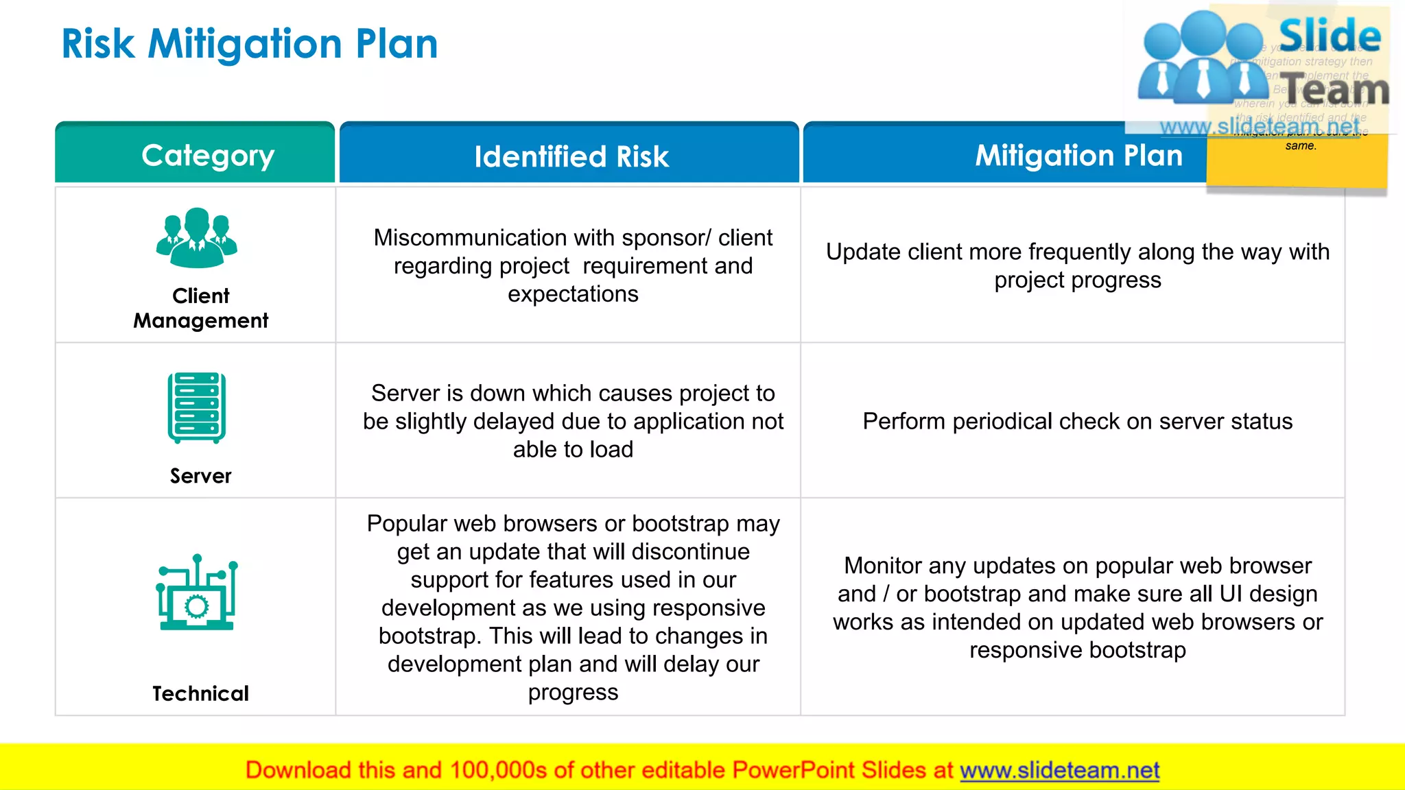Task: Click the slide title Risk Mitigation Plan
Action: tap(249, 44)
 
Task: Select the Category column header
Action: tap(208, 156)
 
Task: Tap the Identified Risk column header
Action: tap(571, 156)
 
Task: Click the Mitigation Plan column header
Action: tap(1078, 156)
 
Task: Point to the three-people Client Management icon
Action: tap(197, 237)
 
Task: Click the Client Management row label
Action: tap(200, 308)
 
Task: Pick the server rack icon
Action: tap(197, 408)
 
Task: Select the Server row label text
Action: tap(200, 476)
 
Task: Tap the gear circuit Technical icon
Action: tap(197, 593)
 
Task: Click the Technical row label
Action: tap(200, 693)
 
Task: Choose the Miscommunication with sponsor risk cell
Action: tap(573, 265)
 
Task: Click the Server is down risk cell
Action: tap(573, 421)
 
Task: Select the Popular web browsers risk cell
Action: tap(573, 608)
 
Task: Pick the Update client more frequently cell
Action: tap(1077, 265)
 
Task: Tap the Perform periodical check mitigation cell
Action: tap(1077, 421)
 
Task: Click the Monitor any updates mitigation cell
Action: tap(1077, 608)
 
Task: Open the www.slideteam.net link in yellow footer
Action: tap(1059, 770)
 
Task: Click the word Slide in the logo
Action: tap(1330, 36)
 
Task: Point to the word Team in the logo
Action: tap(1335, 90)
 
